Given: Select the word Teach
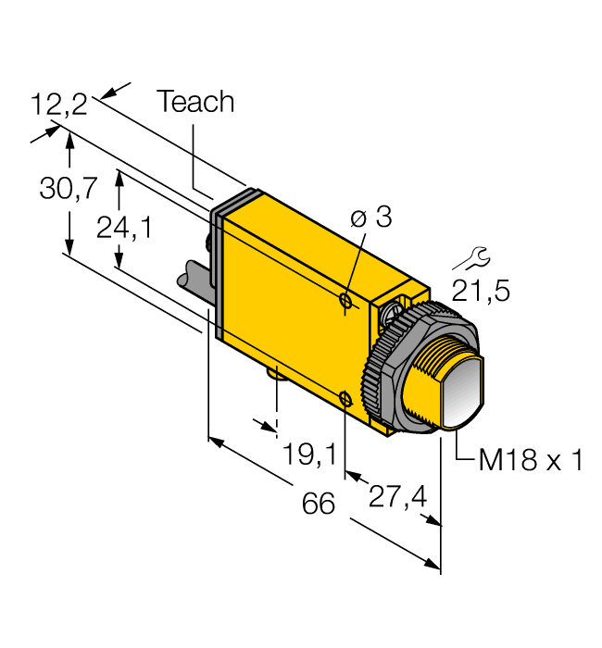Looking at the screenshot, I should pyautogui.click(x=194, y=102).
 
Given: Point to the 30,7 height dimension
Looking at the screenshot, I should pyautogui.click(x=68, y=189).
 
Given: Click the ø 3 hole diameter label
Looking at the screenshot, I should pyautogui.click(x=371, y=218).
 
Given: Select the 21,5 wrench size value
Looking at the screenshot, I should pyautogui.click(x=480, y=291).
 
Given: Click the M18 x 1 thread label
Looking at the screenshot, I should pyautogui.click(x=530, y=460).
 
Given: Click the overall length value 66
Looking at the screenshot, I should pyautogui.click(x=320, y=505).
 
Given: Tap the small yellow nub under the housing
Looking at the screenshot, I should pyautogui.click(x=276, y=373).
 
